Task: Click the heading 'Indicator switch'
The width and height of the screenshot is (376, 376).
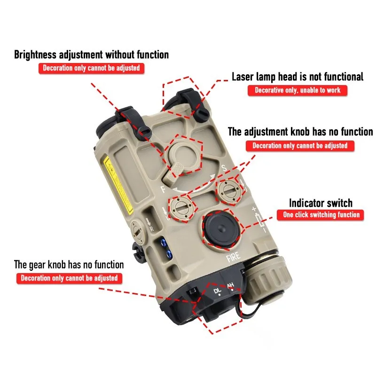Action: tap(321, 203)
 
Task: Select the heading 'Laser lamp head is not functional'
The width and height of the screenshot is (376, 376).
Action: tap(298, 77)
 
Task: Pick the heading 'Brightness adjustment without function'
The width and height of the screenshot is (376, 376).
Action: tap(91, 55)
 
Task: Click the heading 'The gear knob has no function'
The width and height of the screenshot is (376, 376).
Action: tap(69, 265)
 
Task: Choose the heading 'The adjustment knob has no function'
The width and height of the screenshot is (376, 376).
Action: tap(300, 132)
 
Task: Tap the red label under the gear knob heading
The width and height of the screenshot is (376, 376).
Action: tap(69, 278)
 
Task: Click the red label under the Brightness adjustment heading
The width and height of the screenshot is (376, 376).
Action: tap(91, 68)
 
